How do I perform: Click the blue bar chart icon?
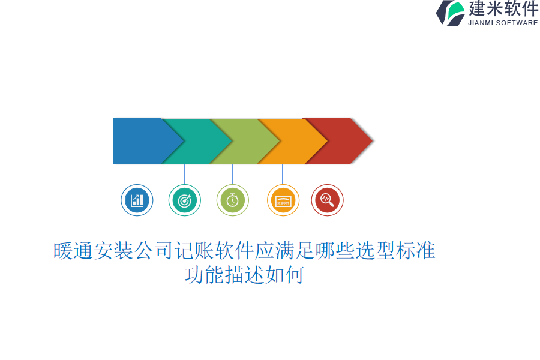(137, 200)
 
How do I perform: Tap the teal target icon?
(185, 200)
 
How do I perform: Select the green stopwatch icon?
(232, 200)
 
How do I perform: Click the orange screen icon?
(283, 200)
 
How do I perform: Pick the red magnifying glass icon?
(327, 200)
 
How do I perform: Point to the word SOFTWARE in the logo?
(517, 23)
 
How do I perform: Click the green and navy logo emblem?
(451, 13)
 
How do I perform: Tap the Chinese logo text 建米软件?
(503, 8)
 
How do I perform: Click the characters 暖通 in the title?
(73, 250)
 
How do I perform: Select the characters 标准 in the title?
(416, 250)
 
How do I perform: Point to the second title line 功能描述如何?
(245, 275)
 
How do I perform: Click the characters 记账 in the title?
(194, 250)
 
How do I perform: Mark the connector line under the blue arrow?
(137, 174)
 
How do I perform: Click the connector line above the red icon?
(328, 174)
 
